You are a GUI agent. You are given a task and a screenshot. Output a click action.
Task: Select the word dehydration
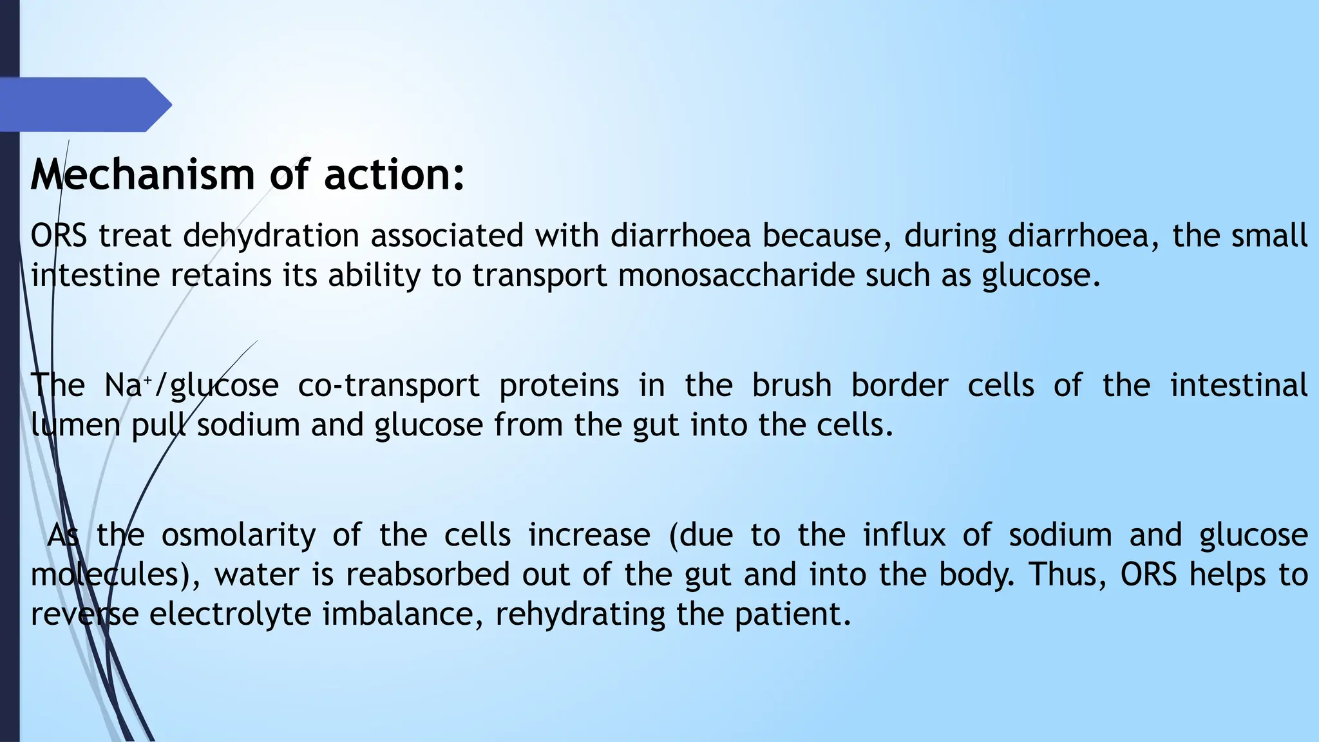click(270, 236)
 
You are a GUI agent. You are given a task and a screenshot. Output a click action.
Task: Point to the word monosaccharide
click(736, 276)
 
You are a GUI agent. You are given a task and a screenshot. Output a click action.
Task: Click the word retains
click(221, 276)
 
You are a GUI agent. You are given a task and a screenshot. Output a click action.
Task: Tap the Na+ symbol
click(127, 386)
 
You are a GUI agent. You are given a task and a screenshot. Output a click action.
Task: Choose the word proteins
click(558, 386)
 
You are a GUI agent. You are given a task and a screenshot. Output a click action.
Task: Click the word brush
click(792, 386)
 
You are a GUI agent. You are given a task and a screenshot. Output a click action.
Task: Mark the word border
click(899, 386)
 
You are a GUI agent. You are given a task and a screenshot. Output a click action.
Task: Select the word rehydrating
click(580, 614)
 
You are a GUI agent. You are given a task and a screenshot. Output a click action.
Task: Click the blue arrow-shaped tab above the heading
click(84, 104)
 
